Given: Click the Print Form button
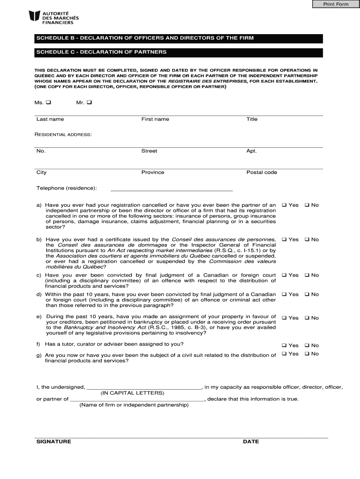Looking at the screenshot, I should (x=336, y=5).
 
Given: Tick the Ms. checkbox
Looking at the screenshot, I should (x=49, y=102).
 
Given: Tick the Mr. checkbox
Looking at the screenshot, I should (x=89, y=102).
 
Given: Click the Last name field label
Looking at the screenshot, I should (x=50, y=119).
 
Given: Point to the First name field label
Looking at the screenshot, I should (x=155, y=119).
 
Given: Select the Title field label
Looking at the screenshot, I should (x=252, y=119).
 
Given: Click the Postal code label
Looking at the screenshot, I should (x=262, y=173).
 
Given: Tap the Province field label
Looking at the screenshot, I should (x=153, y=173).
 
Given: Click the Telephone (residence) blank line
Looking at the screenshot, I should (x=171, y=189).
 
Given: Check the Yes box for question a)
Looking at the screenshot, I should (x=284, y=205).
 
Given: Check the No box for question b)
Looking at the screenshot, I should (x=307, y=239).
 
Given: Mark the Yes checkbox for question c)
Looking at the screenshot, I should (x=284, y=275).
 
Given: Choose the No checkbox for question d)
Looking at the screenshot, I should (x=307, y=294).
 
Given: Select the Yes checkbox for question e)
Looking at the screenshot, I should (x=284, y=318).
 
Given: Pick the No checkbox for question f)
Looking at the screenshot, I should (x=307, y=346).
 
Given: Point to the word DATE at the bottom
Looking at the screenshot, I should (x=251, y=442).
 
